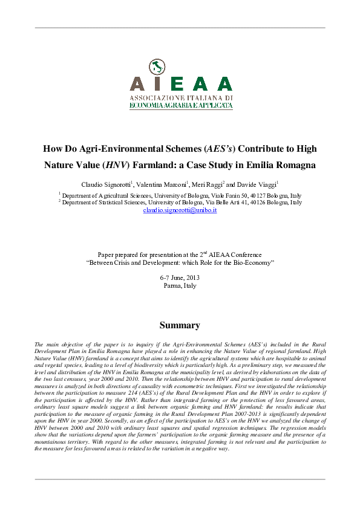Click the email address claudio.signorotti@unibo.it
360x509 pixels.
(x=180, y=210)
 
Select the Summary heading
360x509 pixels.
(x=180, y=325)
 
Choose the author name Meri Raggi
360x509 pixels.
(x=207, y=184)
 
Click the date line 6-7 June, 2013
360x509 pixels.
(x=180, y=277)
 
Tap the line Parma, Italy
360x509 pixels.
(x=180, y=285)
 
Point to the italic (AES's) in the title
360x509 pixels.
(x=221, y=148)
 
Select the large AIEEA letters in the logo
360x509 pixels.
(x=181, y=84)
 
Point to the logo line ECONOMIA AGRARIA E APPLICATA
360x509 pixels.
(x=181, y=105)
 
